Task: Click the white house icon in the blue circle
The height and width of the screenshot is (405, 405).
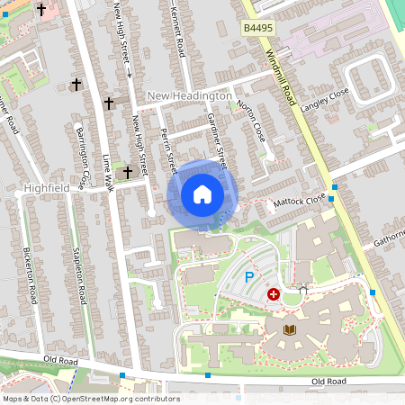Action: [202, 194]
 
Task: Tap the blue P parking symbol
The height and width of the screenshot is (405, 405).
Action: [249, 279]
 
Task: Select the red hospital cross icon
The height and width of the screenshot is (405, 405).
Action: [274, 294]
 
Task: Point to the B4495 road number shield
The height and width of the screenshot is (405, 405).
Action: [258, 30]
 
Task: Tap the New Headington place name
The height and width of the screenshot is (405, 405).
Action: [189, 95]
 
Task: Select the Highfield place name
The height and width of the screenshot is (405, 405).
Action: [47, 188]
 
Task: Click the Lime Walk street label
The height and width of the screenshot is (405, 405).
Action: [109, 171]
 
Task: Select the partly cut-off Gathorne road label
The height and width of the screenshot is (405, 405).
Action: [388, 236]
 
